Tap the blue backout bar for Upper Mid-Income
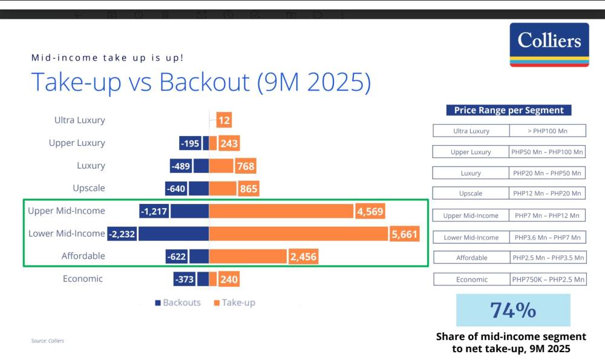189,211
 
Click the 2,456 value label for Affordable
303,257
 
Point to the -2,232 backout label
122,234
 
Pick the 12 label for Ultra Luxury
224,120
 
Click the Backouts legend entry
178,303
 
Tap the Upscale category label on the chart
88,188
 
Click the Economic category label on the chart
83,279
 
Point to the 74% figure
513,310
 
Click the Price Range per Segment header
509,111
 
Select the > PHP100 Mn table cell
547,131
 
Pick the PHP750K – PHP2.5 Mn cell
548,280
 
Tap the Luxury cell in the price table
471,173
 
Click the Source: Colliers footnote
48,341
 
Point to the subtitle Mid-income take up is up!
108,58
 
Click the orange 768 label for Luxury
246,166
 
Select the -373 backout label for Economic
184,279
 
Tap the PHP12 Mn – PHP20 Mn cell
548,194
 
